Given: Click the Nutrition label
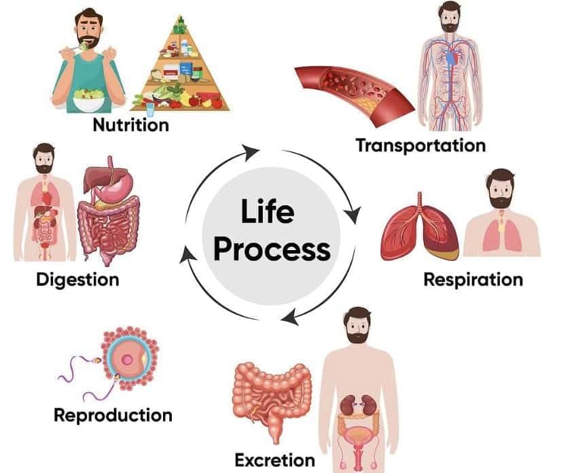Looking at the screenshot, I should pyautogui.click(x=130, y=125).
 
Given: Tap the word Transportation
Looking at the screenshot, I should pyautogui.click(x=421, y=145).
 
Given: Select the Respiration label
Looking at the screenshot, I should pyautogui.click(x=473, y=279).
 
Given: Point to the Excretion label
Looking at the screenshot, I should pyautogui.click(x=274, y=460).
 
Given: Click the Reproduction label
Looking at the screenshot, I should pyautogui.click(x=113, y=415).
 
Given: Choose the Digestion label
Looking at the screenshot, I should pyautogui.click(x=77, y=279).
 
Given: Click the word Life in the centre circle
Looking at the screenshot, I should pyautogui.click(x=268, y=212).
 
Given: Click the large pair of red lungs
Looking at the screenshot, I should pyautogui.click(x=420, y=231).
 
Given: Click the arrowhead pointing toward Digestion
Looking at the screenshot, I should pyautogui.click(x=185, y=256).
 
